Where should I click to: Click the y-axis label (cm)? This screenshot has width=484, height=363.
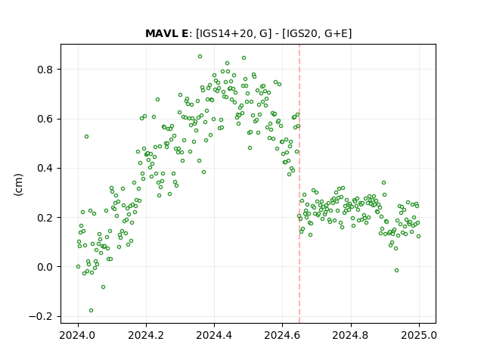coord(18,185)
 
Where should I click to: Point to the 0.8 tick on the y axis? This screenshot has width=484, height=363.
coord(45,70)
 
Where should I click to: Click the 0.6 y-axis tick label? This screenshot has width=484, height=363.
coord(45,119)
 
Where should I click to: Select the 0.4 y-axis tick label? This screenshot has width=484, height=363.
coord(45,168)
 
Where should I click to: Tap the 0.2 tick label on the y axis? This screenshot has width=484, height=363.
coord(45,218)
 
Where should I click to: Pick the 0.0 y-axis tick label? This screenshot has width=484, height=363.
coord(45,267)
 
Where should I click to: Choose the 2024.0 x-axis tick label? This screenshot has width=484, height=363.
coord(78,335)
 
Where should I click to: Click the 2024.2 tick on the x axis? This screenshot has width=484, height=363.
coord(146,335)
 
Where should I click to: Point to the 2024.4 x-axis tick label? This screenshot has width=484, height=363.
coord(214,335)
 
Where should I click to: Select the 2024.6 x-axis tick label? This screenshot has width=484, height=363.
coord(282,335)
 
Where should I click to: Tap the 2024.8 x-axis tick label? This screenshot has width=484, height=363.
coord(351,335)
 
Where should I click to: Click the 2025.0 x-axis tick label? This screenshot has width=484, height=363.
coord(419,335)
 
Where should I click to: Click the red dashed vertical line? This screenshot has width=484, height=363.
coord(299,184)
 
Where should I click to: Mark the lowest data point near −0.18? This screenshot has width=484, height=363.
coord(91,311)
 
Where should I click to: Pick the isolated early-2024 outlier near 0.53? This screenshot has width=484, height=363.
coord(87,136)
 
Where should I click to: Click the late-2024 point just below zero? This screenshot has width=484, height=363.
coord(396,271)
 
